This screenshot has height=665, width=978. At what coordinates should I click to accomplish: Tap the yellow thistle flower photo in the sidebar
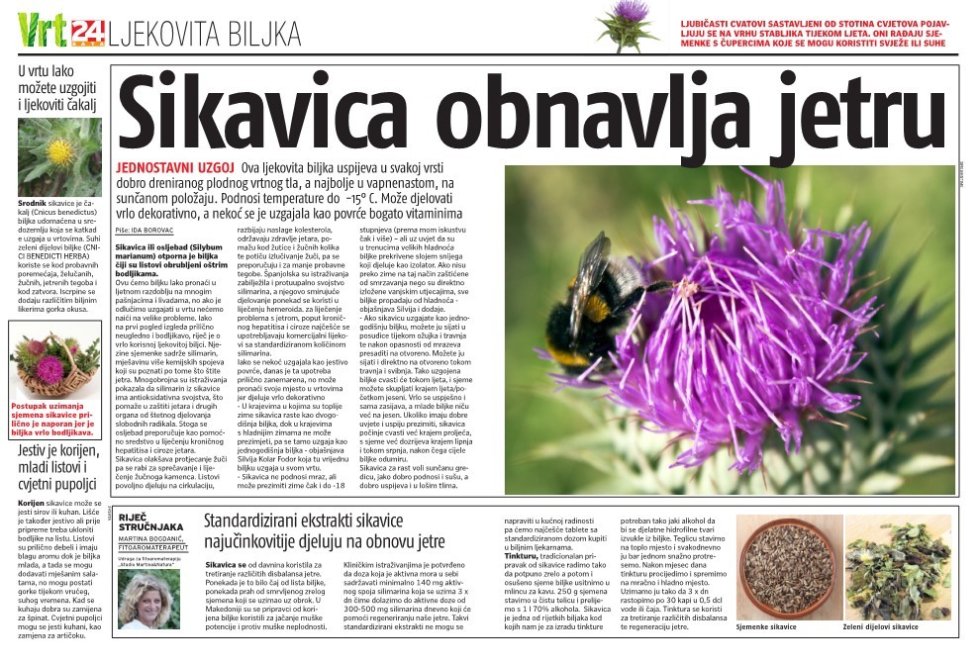click(58, 156)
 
